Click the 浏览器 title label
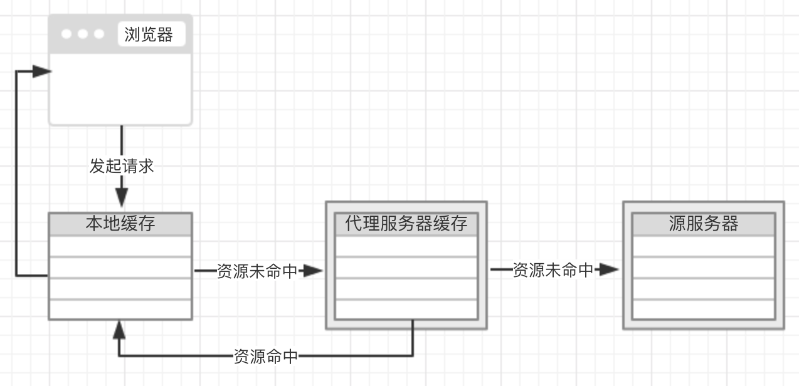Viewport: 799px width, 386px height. [x=149, y=34]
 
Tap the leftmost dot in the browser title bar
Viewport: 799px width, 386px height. [x=67, y=34]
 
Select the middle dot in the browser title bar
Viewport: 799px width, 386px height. [x=83, y=34]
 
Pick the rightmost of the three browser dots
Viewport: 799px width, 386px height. [x=98, y=34]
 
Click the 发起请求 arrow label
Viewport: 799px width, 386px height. [x=122, y=166]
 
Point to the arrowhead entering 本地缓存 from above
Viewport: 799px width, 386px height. [x=122, y=199]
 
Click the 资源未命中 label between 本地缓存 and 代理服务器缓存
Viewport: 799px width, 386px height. [x=257, y=271]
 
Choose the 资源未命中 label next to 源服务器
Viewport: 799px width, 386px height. [x=553, y=270]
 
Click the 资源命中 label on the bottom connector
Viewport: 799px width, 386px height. [x=266, y=357]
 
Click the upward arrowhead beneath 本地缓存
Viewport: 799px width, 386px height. [x=119, y=329]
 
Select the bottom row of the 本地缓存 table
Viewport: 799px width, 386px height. [x=120, y=309]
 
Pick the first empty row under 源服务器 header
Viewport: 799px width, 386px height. [x=703, y=246]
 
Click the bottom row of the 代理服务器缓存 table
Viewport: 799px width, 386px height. [x=406, y=309]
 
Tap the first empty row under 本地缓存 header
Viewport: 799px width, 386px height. [x=120, y=246]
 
